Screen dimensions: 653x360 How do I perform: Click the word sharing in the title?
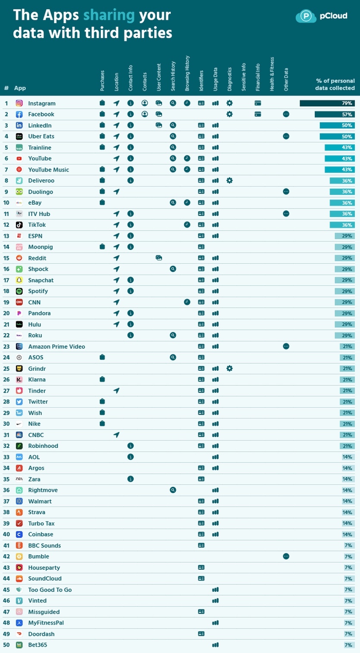[109, 15]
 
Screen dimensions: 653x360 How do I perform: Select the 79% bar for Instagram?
[327, 103]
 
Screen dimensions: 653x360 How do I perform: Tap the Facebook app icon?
[19, 114]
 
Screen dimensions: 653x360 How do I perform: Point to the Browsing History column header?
[187, 73]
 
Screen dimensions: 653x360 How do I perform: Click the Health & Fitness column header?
[272, 74]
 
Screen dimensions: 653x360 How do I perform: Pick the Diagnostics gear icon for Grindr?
[229, 369]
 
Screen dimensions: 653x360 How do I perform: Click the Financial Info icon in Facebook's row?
[258, 114]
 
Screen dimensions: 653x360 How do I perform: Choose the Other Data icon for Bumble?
[286, 556]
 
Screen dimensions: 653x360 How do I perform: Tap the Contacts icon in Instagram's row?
[145, 103]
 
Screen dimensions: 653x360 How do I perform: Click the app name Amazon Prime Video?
[56, 347]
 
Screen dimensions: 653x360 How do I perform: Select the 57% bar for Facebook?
[335, 114]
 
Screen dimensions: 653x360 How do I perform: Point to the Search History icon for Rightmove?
[173, 490]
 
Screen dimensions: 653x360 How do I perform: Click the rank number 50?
[6, 645]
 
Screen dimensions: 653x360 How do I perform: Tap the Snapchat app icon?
[19, 280]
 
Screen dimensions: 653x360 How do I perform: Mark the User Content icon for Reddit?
[159, 258]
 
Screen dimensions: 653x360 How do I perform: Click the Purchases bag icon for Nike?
[102, 424]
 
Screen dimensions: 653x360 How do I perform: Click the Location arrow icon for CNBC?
[116, 435]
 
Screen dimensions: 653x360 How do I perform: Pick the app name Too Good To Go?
[50, 590]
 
